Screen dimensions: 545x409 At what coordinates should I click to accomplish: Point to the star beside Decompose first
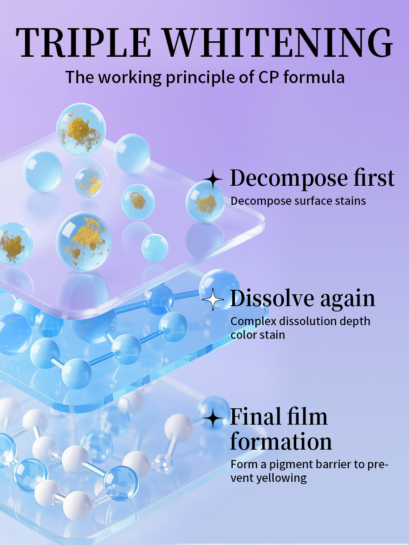213,179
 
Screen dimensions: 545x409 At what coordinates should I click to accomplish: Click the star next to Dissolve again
213,300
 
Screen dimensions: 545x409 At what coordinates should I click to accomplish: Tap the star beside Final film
213,418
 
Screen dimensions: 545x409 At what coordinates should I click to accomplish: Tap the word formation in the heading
281,441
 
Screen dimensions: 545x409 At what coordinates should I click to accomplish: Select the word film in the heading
308,416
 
